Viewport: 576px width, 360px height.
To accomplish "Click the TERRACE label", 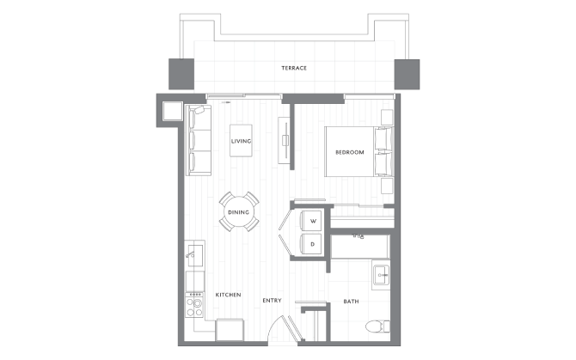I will click(x=294, y=68).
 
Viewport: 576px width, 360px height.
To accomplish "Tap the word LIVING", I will click(x=241, y=140).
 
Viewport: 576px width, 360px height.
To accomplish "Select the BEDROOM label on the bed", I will click(x=350, y=152).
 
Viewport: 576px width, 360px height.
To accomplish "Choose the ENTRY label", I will click(x=273, y=301).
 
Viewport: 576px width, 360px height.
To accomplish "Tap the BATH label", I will click(x=351, y=301).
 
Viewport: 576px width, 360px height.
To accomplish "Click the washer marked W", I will click(x=313, y=221).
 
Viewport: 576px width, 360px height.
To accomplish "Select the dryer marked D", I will click(x=313, y=244).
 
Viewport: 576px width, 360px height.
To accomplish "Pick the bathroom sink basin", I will click(x=381, y=275).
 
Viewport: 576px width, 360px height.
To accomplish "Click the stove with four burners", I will click(x=195, y=304).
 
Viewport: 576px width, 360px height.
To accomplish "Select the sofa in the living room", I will click(x=198, y=139).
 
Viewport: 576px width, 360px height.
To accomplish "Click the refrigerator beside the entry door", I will click(x=232, y=330).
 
